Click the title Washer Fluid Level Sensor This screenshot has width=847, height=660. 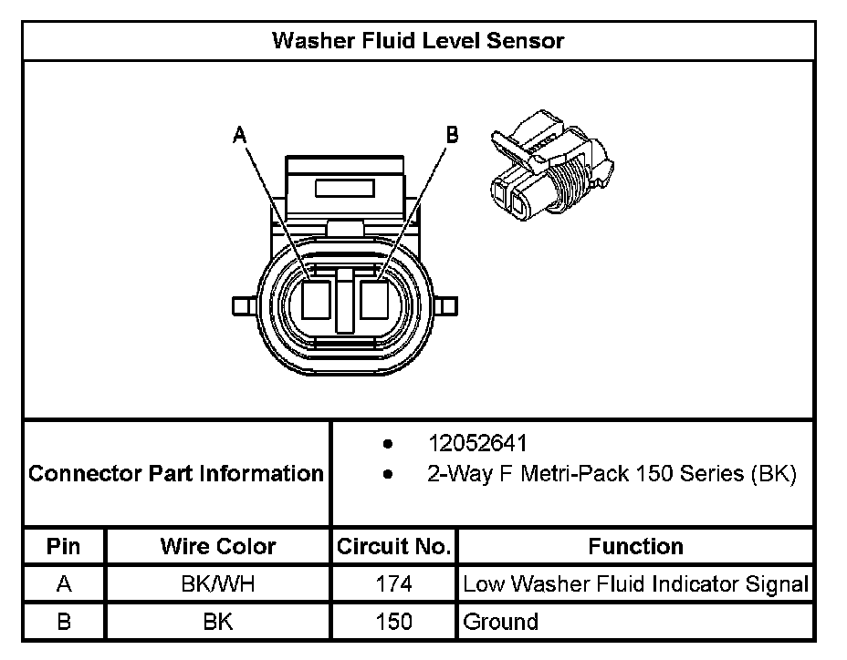pyautogui.click(x=418, y=40)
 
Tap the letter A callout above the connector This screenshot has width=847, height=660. pyautogui.click(x=239, y=136)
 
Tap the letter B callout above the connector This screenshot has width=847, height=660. pyautogui.click(x=452, y=135)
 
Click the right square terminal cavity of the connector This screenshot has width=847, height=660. pyautogui.click(x=374, y=300)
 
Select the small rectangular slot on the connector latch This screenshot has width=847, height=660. pyautogui.click(x=344, y=189)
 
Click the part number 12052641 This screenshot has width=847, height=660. pyautogui.click(x=477, y=444)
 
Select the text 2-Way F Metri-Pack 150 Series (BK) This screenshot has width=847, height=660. pyautogui.click(x=612, y=474)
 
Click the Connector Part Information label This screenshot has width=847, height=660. pyautogui.click(x=176, y=474)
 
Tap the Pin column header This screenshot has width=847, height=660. pyautogui.click(x=64, y=547)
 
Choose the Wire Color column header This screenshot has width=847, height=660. pyautogui.click(x=218, y=547)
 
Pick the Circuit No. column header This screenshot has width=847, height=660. pyautogui.click(x=393, y=547)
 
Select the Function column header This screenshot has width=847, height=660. pyautogui.click(x=635, y=547)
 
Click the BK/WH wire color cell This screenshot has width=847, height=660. pyautogui.click(x=218, y=584)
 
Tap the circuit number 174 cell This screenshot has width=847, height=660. pyautogui.click(x=393, y=584)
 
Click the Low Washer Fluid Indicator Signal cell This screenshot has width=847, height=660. pyautogui.click(x=635, y=584)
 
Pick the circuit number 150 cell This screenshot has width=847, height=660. pyautogui.click(x=393, y=622)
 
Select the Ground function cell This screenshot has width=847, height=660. pyautogui.click(x=501, y=622)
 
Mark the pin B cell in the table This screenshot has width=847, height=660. pyautogui.click(x=64, y=622)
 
